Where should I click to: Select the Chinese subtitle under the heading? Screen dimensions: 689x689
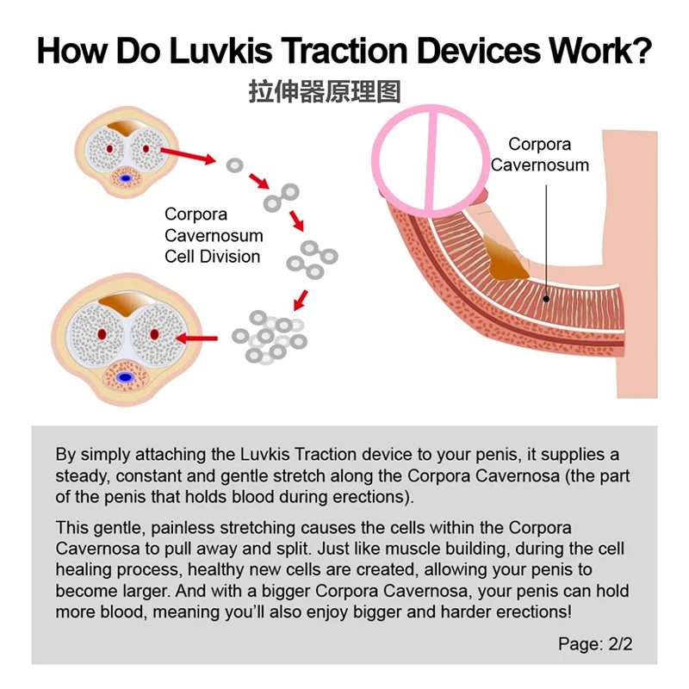tap(325, 91)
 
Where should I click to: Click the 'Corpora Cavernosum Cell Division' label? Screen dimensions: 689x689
tap(213, 235)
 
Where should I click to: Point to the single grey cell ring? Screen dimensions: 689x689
tap(233, 164)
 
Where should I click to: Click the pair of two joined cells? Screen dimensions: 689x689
tap(282, 196)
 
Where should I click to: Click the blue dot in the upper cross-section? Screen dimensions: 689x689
tap(127, 178)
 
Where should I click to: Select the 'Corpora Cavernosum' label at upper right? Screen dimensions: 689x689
tap(540, 155)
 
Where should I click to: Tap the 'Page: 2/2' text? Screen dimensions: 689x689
tap(595, 643)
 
